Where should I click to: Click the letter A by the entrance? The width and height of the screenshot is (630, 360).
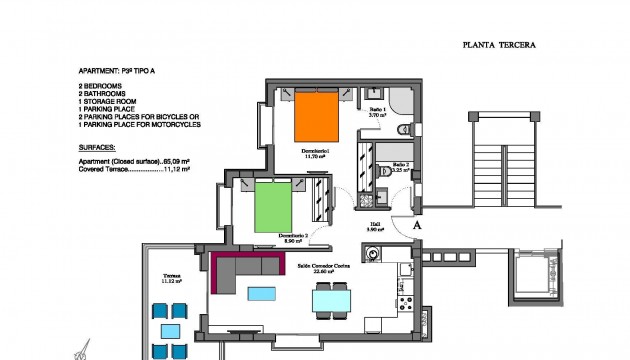coord(417,226)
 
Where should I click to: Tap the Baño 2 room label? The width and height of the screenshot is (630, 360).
coord(399,166)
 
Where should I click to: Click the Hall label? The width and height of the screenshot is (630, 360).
coord(375,226)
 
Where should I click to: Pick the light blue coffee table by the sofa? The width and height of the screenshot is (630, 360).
coord(262,293)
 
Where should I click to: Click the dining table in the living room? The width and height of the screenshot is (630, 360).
coord(331,299)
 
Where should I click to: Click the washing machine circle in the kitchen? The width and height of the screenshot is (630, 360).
coord(374,255)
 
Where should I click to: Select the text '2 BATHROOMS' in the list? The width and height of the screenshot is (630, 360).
coord(106,93)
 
